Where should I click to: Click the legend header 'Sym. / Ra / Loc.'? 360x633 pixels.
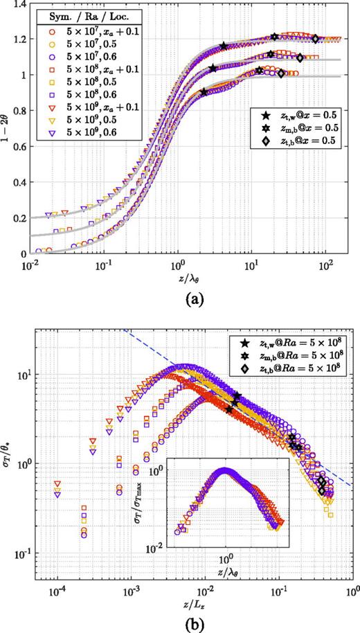(78, 15)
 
